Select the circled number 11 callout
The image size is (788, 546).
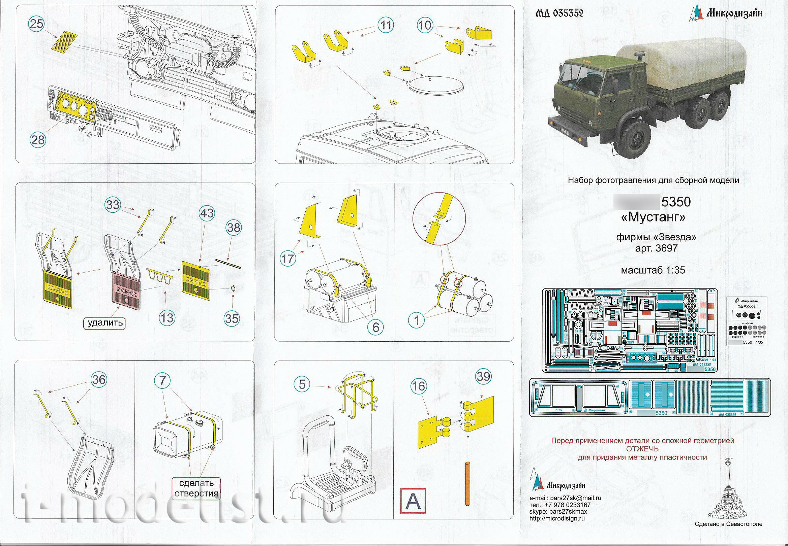[x=386, y=25]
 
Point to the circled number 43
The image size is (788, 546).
[x=206, y=213]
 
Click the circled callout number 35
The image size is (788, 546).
[x=232, y=318]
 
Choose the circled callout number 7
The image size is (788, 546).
[x=163, y=380]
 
